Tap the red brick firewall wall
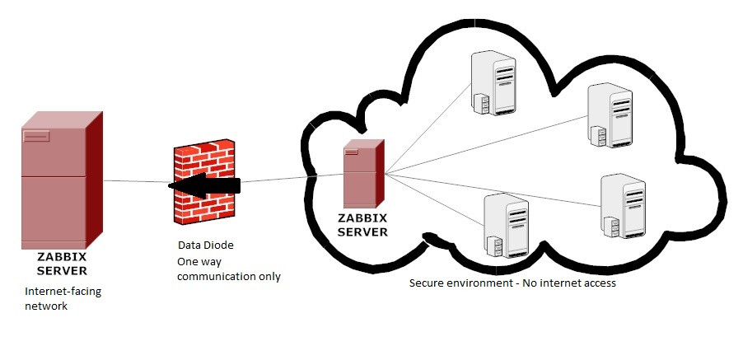(x=203, y=183)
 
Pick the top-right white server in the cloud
(x=610, y=116)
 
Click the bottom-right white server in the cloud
(x=623, y=205)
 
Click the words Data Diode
(x=206, y=245)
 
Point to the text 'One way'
(x=199, y=261)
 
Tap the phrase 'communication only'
(x=230, y=277)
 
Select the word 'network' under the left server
(x=45, y=306)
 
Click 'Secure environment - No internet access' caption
(x=512, y=283)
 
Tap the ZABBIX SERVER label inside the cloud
(x=363, y=225)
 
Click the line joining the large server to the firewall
(x=136, y=181)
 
